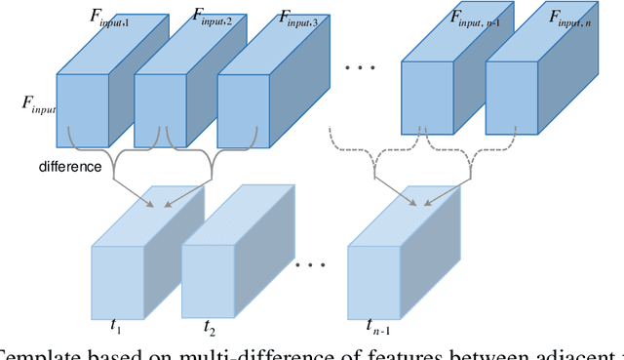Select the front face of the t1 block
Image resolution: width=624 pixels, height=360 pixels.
pyautogui.click(x=118, y=280)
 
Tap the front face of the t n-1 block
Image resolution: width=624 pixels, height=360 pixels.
pyautogui.click(x=375, y=280)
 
